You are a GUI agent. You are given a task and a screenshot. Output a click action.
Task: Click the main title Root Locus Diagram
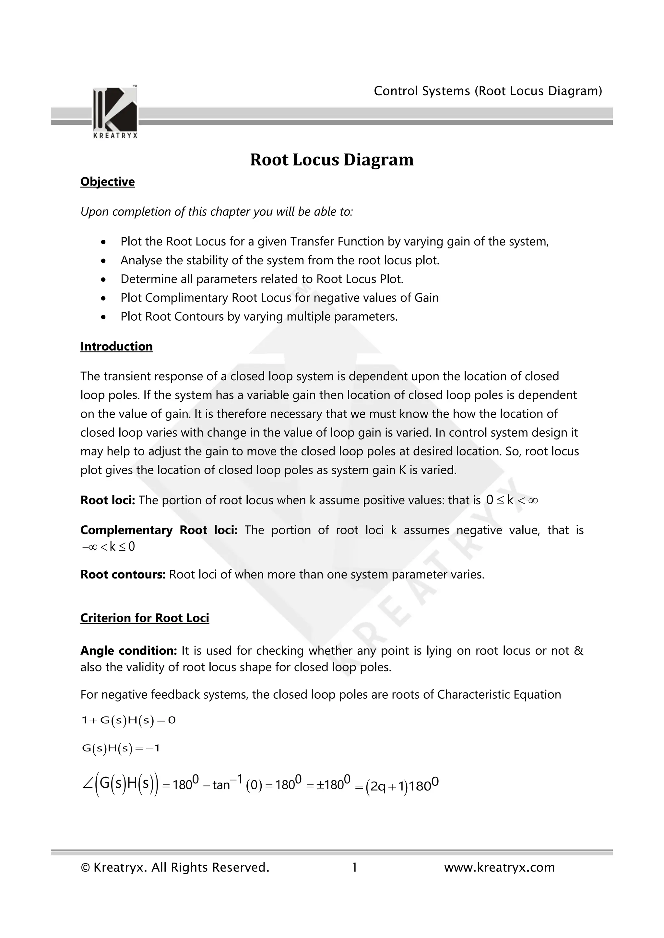332,160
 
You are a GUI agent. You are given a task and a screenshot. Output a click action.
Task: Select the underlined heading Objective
108,182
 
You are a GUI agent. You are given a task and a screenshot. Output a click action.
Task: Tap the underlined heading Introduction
116,347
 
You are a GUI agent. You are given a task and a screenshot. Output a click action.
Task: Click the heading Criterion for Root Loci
145,618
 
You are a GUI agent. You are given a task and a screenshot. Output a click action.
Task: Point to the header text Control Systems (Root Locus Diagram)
488,91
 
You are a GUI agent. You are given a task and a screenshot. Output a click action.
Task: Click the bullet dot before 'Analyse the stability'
104,261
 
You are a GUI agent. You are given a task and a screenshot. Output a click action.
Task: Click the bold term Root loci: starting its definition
108,500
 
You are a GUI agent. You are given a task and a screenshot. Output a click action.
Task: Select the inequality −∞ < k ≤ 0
108,547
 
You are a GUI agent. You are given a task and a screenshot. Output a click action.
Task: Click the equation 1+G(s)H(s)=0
128,720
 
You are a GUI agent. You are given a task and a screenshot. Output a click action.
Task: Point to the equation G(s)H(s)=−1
121,749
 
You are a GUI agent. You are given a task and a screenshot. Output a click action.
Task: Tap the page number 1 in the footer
354,867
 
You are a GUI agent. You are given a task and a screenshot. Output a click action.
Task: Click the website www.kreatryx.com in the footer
499,867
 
